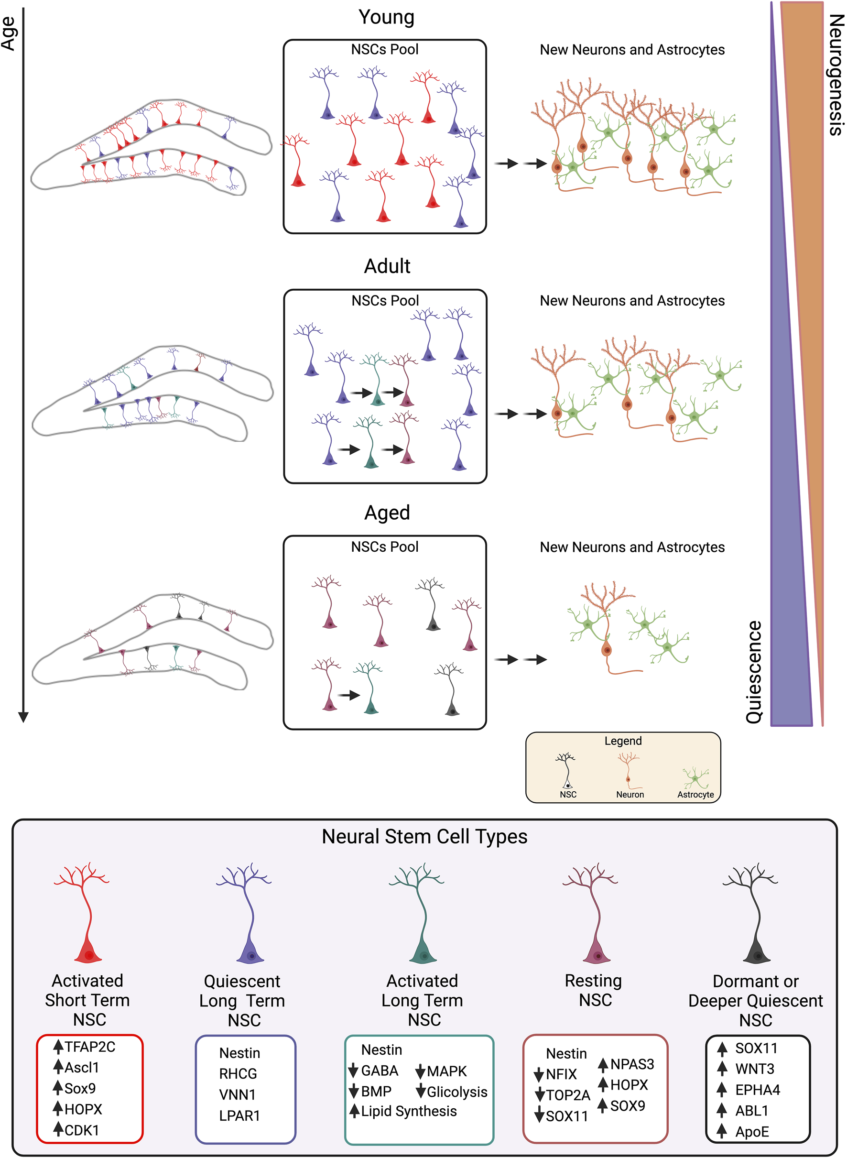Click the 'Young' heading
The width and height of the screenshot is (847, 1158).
[x=386, y=17]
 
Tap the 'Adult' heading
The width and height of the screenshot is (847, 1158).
[x=387, y=266]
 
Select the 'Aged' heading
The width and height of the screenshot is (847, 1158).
[x=387, y=513]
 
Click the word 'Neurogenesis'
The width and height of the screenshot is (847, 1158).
[x=836, y=75]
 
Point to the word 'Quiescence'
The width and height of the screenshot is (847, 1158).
[x=754, y=672]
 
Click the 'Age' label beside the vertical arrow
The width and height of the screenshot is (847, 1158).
[x=8, y=33]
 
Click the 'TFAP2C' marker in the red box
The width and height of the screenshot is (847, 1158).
[x=90, y=1047]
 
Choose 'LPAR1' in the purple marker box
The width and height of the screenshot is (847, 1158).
[x=239, y=1115]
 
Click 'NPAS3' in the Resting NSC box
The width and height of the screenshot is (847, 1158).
[x=631, y=1064]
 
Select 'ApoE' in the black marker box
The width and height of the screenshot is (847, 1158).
[x=752, y=1132]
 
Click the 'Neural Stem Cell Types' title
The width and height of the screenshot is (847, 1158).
[x=424, y=836]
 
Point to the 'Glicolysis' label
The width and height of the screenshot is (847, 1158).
[x=457, y=1092]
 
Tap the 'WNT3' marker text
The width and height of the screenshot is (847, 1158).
[x=755, y=1069]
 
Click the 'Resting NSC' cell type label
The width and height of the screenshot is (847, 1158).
[x=594, y=990]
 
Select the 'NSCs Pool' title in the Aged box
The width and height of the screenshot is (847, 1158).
[x=384, y=546]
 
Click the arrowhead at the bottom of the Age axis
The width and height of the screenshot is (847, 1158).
[x=23, y=717]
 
